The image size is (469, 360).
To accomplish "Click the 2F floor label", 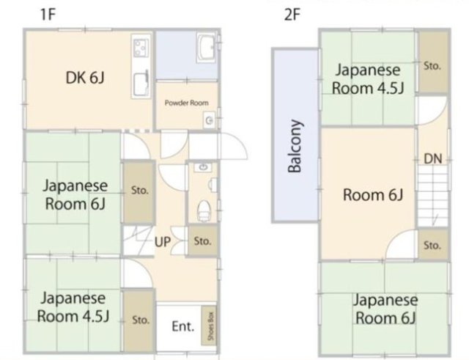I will [x=292, y=13].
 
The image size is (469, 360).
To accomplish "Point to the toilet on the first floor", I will [x=204, y=209].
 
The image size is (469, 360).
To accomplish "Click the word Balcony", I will [x=295, y=147].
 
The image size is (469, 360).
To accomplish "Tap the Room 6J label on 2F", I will [x=374, y=195].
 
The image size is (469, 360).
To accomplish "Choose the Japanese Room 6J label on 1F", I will [x=76, y=194].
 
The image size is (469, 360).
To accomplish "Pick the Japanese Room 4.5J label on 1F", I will [x=74, y=307].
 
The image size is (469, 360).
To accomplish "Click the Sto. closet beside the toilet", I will [x=203, y=240].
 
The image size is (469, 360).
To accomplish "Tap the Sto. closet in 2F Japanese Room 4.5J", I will [x=432, y=65].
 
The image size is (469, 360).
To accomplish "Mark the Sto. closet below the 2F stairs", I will [x=432, y=244].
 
